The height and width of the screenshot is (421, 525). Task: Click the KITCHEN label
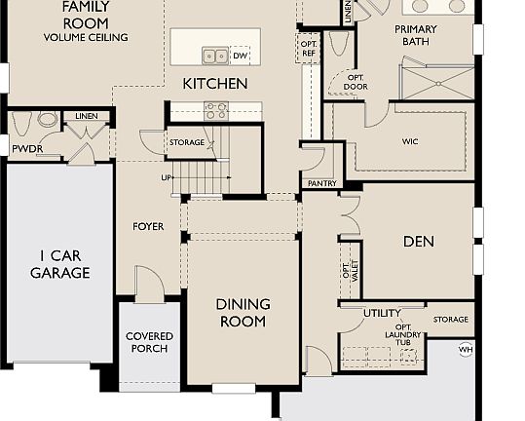215,84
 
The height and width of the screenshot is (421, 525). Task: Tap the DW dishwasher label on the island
239,56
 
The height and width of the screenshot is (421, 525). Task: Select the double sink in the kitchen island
214,56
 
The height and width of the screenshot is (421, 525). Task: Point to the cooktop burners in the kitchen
215,110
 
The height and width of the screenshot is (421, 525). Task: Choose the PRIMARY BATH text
416,36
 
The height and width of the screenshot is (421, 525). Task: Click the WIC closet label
410,141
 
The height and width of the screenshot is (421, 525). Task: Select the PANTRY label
321,183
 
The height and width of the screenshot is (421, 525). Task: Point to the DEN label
419,242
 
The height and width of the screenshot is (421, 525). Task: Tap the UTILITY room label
382,313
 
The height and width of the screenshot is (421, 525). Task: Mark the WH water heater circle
466,349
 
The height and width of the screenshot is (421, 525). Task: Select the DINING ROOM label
242,313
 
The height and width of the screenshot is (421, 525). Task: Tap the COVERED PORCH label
149,342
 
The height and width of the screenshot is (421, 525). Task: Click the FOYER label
148,227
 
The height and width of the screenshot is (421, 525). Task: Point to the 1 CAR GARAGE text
59,264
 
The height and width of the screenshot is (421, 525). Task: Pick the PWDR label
24,149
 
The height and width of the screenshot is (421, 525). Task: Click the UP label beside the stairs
166,177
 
